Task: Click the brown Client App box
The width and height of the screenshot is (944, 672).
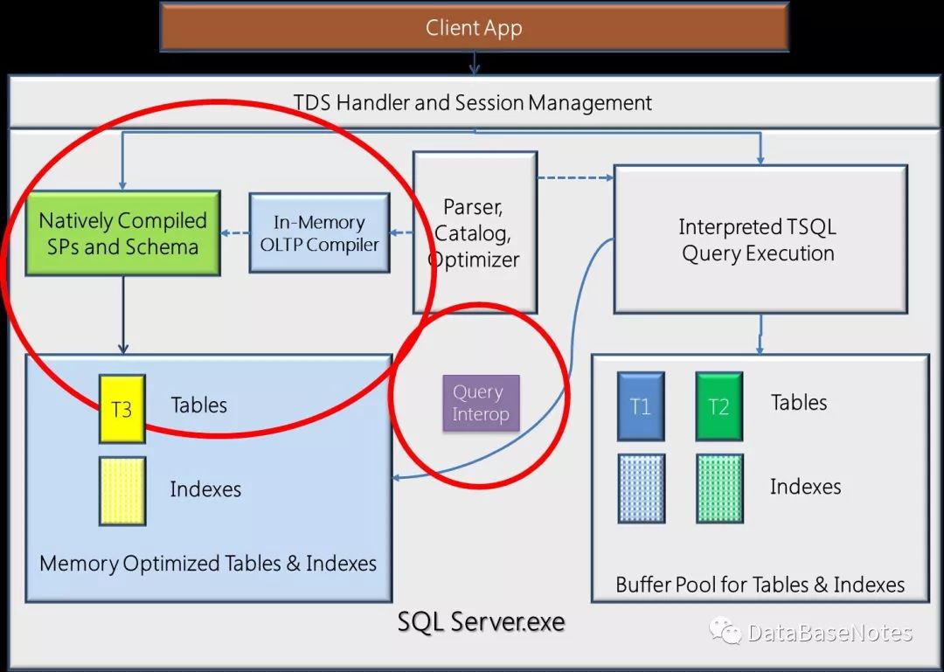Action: click(x=474, y=28)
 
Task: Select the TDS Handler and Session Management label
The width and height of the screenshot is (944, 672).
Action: click(x=473, y=103)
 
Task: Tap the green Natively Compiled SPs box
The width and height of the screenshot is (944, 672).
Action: click(x=122, y=233)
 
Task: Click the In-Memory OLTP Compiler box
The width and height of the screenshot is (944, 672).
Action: click(x=319, y=233)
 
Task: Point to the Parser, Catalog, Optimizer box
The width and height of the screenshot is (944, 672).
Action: click(x=475, y=233)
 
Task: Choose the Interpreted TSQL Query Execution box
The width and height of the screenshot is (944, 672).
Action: click(x=759, y=240)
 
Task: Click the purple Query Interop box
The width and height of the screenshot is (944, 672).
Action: click(x=480, y=403)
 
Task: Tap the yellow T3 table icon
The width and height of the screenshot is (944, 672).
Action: click(x=121, y=408)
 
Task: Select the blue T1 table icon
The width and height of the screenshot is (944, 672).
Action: click(x=641, y=406)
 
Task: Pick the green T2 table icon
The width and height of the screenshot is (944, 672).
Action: click(x=718, y=406)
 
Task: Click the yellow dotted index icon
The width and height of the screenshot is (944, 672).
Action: click(x=121, y=490)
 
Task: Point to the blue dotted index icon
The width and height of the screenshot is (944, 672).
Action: click(x=641, y=488)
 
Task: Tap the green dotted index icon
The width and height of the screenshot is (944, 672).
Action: click(x=718, y=488)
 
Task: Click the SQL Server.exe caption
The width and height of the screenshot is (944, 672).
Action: click(x=481, y=622)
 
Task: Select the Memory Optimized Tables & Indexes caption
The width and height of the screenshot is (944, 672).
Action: click(x=208, y=564)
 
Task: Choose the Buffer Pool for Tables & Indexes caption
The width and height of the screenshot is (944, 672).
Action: click(x=760, y=585)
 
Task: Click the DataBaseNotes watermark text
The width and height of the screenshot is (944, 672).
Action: click(x=829, y=634)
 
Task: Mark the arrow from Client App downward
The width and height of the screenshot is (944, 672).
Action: click(x=474, y=63)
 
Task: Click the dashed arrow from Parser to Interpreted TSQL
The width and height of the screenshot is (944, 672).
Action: click(x=574, y=178)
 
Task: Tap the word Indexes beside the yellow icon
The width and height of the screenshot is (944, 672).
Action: click(x=205, y=489)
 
